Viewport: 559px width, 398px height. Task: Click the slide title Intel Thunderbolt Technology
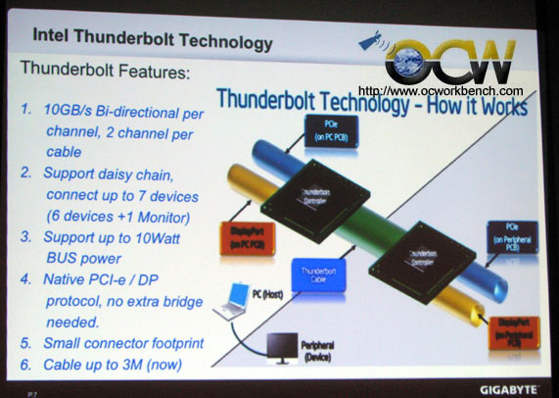point(153,41)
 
